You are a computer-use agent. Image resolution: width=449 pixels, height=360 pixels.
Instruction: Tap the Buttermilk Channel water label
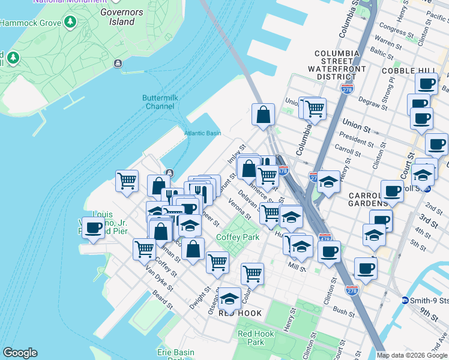pos(158,102)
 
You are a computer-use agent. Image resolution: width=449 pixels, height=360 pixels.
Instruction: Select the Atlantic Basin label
pos(202,133)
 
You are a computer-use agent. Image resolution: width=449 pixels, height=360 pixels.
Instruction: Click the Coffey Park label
pos(238,237)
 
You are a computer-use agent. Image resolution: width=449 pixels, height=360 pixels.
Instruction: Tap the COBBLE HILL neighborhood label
pos(403,71)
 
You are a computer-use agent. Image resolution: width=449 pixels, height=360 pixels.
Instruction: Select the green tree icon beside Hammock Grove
pos(71,22)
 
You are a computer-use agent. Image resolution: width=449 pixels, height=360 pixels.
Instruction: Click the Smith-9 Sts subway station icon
pos(405,300)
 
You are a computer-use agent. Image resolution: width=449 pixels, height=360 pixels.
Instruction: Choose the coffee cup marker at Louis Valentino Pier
pos(94,227)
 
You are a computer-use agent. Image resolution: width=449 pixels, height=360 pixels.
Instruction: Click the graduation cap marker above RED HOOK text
pos(229,298)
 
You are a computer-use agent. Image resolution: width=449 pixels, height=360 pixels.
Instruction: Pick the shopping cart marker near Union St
pos(314,109)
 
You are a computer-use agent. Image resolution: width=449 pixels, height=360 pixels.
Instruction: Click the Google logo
pos(20,353)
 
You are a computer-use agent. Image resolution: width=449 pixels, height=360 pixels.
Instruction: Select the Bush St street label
pos(344,311)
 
